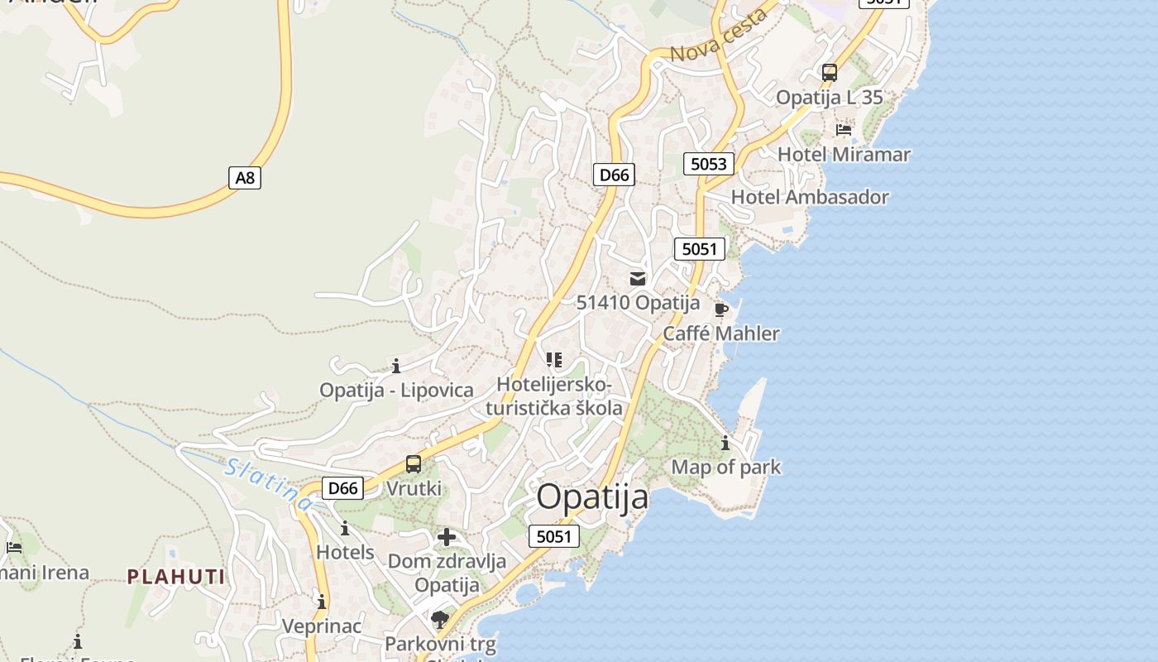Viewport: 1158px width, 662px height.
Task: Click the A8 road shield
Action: click(x=244, y=177)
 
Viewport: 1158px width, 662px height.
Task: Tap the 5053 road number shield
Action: click(x=709, y=164)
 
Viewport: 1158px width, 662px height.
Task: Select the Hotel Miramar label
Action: click(x=844, y=155)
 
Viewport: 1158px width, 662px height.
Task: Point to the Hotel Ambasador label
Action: click(x=810, y=197)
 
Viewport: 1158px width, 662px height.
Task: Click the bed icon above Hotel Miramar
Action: click(x=844, y=130)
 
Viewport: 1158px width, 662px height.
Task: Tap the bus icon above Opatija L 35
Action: click(x=830, y=73)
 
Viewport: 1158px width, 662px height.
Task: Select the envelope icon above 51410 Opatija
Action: click(x=638, y=279)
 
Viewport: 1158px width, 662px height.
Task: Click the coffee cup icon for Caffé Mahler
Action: click(x=720, y=309)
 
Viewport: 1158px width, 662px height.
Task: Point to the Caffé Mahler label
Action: click(x=721, y=333)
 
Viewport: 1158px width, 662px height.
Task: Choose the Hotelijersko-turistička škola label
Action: click(x=554, y=396)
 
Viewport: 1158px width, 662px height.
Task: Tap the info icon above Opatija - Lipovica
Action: click(x=396, y=366)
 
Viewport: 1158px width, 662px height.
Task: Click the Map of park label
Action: click(x=725, y=467)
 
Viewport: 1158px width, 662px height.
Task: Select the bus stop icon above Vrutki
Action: click(x=414, y=464)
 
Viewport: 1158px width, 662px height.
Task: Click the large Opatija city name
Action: click(x=592, y=497)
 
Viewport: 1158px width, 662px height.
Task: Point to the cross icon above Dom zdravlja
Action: click(x=447, y=537)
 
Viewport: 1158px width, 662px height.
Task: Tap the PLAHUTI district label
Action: click(x=175, y=577)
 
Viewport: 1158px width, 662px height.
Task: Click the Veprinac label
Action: click(x=322, y=626)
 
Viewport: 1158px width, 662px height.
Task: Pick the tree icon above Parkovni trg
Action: click(x=440, y=619)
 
